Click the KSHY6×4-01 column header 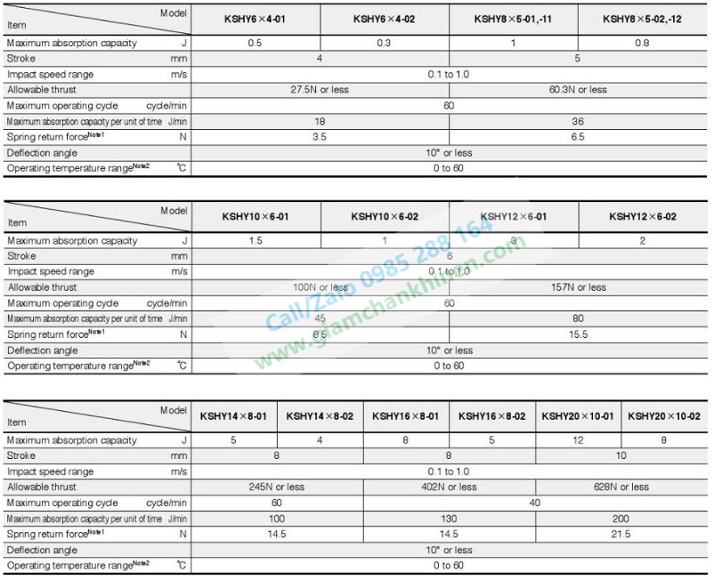[255, 18]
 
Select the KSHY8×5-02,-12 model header [643, 18]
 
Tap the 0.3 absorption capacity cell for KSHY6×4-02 [384, 43]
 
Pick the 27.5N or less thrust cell [320, 90]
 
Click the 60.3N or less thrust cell [578, 90]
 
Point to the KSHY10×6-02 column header [385, 217]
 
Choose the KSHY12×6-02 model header [643, 217]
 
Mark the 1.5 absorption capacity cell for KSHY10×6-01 [255, 240]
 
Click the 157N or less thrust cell [578, 287]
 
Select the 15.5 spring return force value [578, 334]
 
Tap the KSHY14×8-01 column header [233, 416]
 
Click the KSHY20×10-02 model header [663, 416]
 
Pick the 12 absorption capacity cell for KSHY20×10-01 [578, 441]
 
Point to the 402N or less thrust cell [448, 487]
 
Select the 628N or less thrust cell [621, 487]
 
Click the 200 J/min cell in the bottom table [621, 518]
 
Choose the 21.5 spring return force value [621, 534]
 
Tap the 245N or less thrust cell [277, 487]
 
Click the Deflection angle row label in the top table [43, 152]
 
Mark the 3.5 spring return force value [320, 137]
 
